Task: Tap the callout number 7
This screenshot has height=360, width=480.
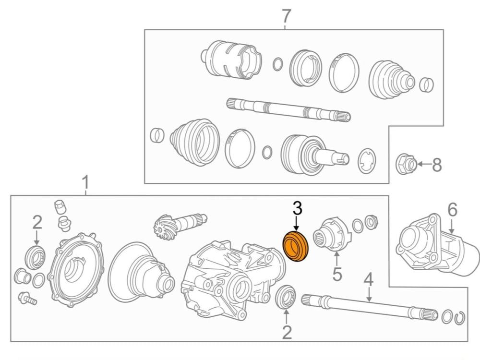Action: point(286,16)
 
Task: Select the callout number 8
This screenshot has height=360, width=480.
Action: point(436,165)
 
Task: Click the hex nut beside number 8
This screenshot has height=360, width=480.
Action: point(407,164)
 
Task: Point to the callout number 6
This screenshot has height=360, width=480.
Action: point(452,210)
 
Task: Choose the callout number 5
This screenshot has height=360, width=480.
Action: point(337,274)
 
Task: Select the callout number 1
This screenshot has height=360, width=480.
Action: point(86,182)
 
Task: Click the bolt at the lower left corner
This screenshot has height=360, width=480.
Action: point(27,299)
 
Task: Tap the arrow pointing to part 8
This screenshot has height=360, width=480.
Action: point(424,164)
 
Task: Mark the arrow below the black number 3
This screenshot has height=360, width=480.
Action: point(296,224)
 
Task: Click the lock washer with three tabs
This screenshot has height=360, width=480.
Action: point(367,160)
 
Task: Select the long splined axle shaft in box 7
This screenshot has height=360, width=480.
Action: point(288,109)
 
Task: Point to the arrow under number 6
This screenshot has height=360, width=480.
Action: point(452,227)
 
